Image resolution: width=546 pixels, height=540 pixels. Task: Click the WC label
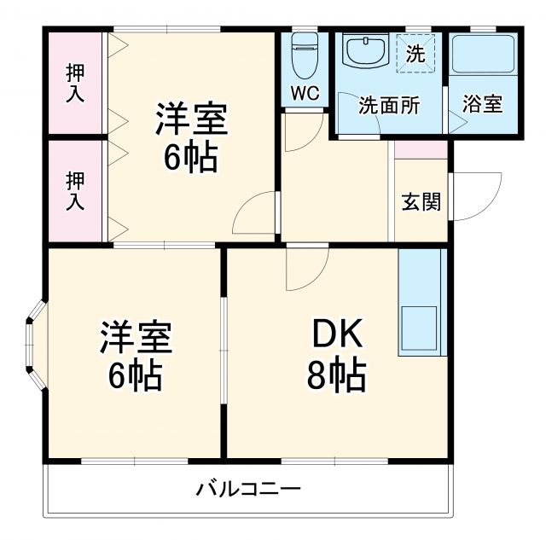305,94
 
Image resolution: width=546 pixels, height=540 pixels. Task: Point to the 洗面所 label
388,106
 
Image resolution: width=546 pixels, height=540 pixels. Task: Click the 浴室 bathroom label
482,105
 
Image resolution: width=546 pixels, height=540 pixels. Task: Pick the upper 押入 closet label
75,83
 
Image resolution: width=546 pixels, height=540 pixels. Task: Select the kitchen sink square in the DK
419,328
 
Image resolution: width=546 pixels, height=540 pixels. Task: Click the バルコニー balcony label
248,490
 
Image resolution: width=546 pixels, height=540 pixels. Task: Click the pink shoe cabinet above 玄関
421,148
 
